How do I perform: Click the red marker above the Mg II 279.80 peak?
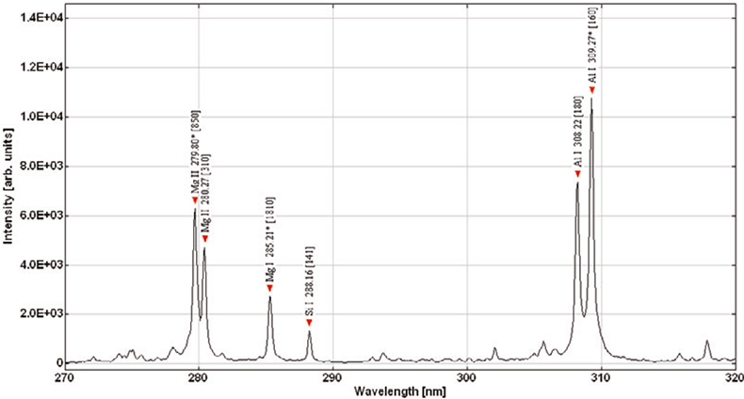point(195,200)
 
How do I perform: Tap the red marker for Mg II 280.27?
point(204,239)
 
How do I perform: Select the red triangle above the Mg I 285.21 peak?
point(269,288)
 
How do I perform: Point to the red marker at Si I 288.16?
point(309,323)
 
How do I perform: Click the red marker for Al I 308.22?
point(577,174)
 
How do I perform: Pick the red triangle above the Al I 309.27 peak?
point(591,90)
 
